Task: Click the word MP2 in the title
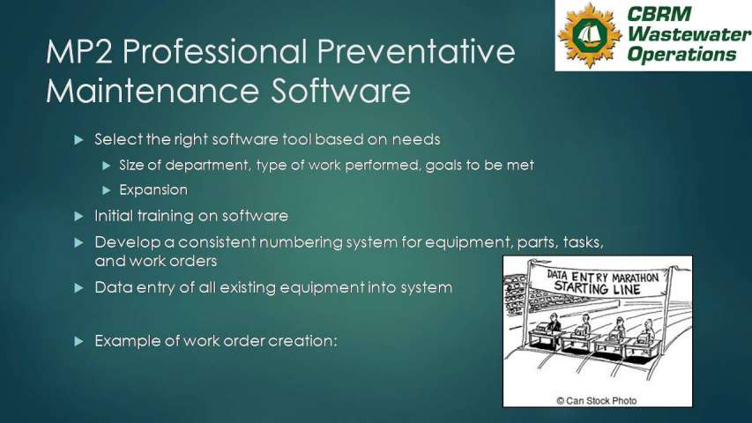click(79, 51)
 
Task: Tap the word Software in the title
click(340, 91)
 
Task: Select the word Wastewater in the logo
click(689, 33)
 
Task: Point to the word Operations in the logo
click(681, 54)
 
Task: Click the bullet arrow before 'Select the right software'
click(79, 140)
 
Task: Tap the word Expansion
click(153, 190)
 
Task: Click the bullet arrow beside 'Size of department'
click(107, 166)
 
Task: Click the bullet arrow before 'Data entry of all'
click(79, 288)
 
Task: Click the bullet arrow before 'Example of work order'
click(79, 341)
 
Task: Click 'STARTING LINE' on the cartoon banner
click(597, 288)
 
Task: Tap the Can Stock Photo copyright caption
click(597, 400)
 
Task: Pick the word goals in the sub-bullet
click(443, 166)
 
